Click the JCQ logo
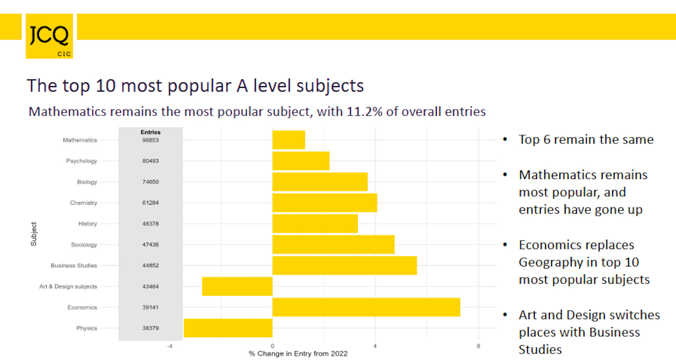click(x=49, y=36)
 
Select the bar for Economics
click(x=366, y=307)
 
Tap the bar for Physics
click(x=228, y=328)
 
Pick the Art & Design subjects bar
click(x=237, y=286)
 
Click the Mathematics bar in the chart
click(x=289, y=140)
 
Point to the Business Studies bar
click(x=344, y=265)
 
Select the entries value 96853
click(x=150, y=140)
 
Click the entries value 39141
click(x=150, y=307)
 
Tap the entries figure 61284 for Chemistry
click(x=150, y=203)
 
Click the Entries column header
click(x=150, y=132)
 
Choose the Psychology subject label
click(x=81, y=161)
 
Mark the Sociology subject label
click(x=84, y=245)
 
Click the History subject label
click(x=88, y=224)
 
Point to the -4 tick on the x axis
click(x=169, y=346)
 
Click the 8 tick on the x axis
click(x=478, y=346)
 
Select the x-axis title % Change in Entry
click(x=298, y=353)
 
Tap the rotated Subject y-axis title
click(x=34, y=234)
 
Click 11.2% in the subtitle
click(x=364, y=112)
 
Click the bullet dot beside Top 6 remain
click(x=505, y=140)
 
